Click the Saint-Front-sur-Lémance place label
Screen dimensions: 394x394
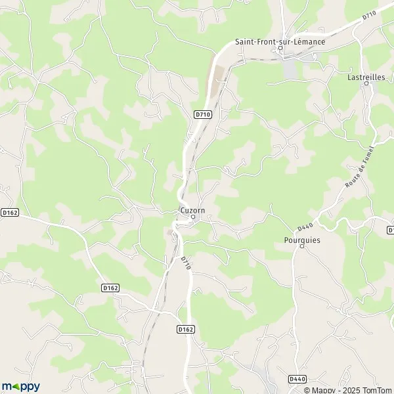280,42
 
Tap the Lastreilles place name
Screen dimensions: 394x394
366,76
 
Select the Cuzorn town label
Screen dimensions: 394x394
192,210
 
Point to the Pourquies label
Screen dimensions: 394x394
302,240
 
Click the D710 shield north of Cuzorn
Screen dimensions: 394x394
203,114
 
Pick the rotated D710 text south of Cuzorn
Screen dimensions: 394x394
186,263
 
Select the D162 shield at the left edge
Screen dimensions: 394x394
9,212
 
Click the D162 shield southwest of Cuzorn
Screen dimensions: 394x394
110,288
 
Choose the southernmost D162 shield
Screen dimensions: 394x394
186,329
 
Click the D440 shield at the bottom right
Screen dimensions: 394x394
297,379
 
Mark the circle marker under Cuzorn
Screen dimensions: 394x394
193,217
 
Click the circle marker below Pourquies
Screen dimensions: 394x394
302,247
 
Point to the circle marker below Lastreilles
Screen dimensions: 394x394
366,83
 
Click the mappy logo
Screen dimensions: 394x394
21,387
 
